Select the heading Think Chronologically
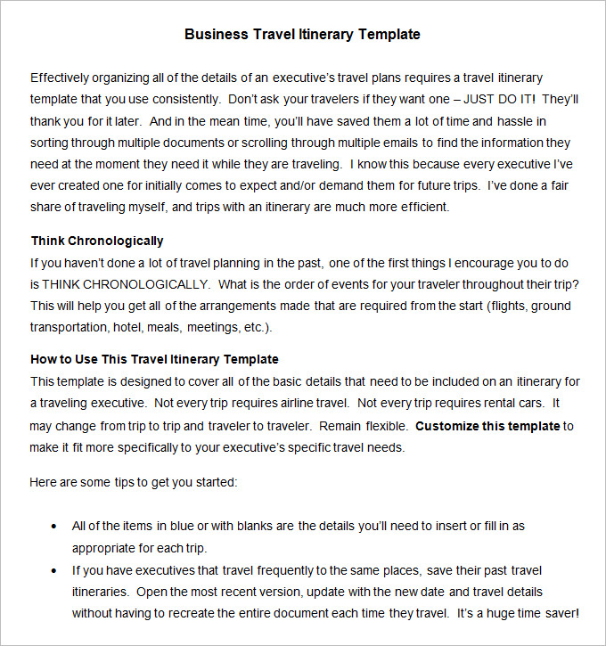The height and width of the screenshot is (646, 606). click(x=97, y=241)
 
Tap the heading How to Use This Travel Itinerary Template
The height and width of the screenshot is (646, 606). click(x=154, y=359)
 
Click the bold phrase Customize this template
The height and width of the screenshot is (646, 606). click(x=487, y=426)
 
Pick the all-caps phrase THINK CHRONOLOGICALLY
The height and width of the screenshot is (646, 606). click(x=120, y=284)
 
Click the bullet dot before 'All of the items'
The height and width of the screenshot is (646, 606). click(x=55, y=527)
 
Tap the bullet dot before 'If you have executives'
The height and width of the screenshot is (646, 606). click(x=55, y=570)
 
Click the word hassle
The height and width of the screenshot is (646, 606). click(x=516, y=121)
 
